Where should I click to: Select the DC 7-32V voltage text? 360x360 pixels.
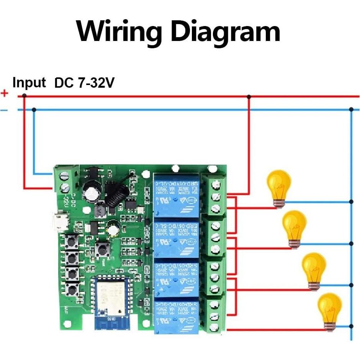tap(84, 83)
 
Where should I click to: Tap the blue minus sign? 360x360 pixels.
tap(4, 110)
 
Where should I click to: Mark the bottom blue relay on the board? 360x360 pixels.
tap(176, 316)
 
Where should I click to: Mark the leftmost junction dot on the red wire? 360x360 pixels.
tap(25, 96)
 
